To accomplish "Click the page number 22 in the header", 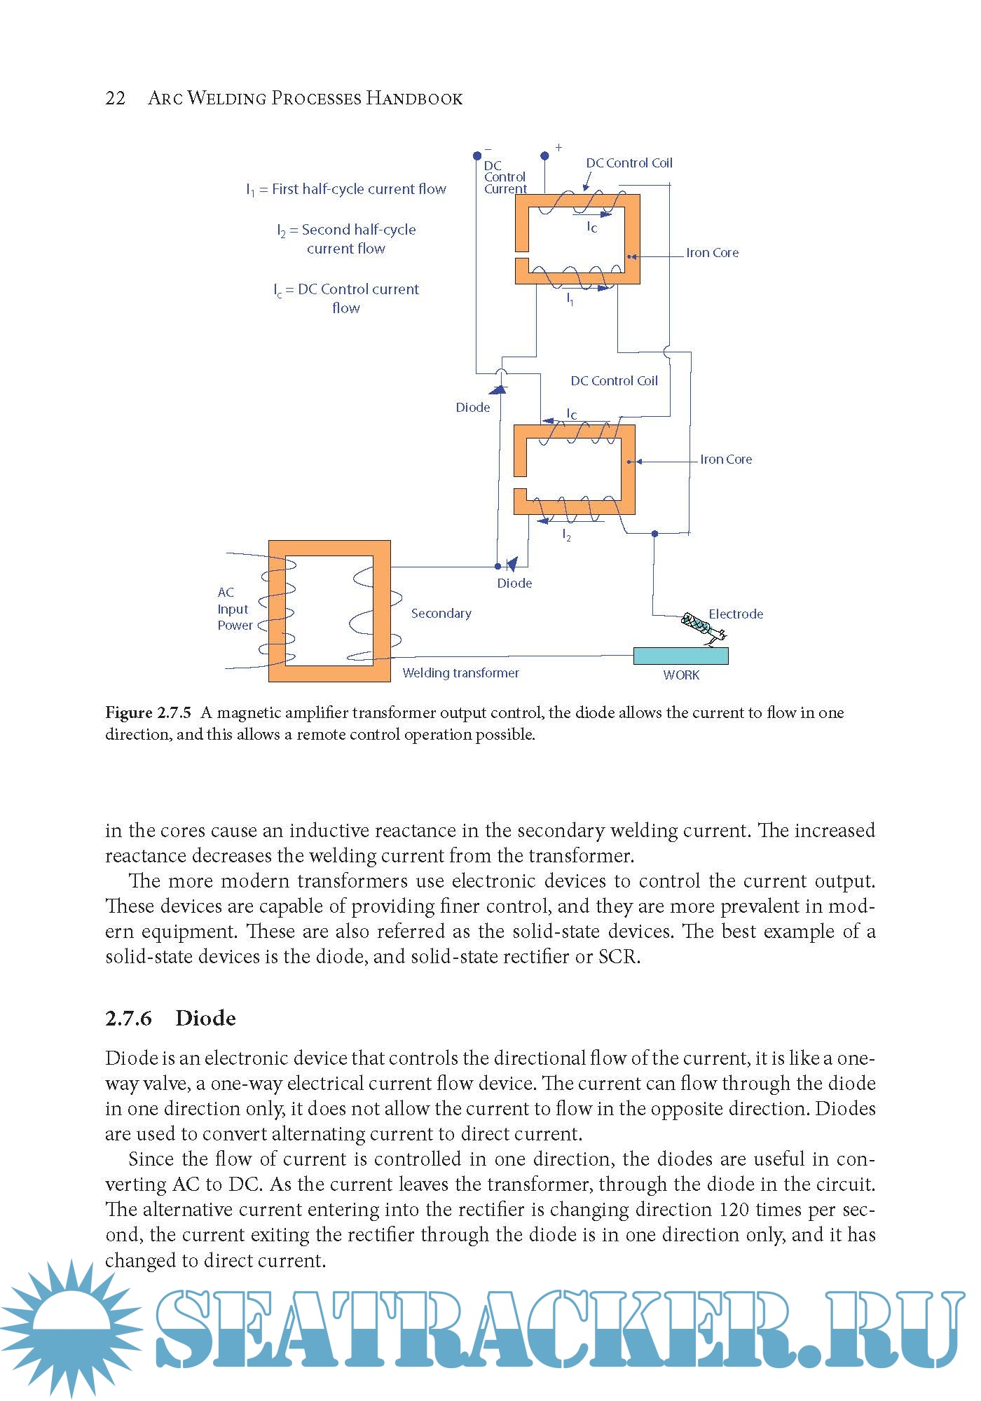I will click(x=116, y=98).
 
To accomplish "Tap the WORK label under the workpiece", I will click(x=681, y=675).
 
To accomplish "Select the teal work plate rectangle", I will click(x=680, y=656).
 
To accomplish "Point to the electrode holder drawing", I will click(x=702, y=626).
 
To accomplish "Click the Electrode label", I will click(x=736, y=614).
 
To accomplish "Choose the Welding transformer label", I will click(x=460, y=673).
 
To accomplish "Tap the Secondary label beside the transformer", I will click(x=441, y=614).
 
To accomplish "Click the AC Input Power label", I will click(x=234, y=609).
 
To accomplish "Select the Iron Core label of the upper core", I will click(x=712, y=253).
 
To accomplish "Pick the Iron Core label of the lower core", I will click(x=726, y=460).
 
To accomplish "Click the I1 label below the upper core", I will click(x=570, y=299).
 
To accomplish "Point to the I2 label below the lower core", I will click(x=567, y=536).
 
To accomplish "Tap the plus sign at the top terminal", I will click(x=558, y=148).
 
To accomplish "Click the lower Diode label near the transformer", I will click(x=514, y=584).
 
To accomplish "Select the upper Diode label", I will click(x=473, y=408).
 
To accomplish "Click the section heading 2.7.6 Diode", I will click(x=170, y=1018).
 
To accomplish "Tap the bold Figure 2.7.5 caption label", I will click(x=148, y=713).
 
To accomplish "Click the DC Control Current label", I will click(x=505, y=177).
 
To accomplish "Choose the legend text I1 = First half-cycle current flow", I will click(x=346, y=189).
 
